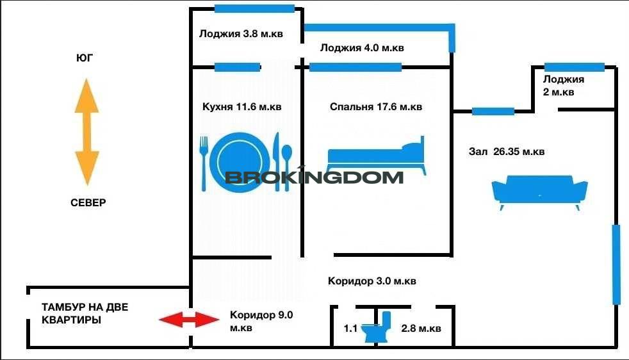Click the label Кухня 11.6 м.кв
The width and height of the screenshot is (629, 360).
pyautogui.click(x=242, y=107)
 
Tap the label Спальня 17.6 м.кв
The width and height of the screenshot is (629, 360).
pyautogui.click(x=376, y=107)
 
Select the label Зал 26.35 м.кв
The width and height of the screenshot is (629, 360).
pyautogui.click(x=507, y=152)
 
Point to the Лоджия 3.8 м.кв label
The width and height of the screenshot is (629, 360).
pyautogui.click(x=241, y=34)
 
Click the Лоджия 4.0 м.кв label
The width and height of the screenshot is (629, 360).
pyautogui.click(x=362, y=48)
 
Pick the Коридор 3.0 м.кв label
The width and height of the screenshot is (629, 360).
pyautogui.click(x=372, y=281)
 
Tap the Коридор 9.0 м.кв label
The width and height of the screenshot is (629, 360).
pyautogui.click(x=261, y=321)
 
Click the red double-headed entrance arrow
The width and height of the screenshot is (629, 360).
pyautogui.click(x=190, y=320)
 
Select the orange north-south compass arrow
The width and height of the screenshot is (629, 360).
pyautogui.click(x=86, y=132)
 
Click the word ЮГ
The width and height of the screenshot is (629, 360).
pyautogui.click(x=85, y=58)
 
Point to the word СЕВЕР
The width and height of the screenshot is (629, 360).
pyautogui.click(x=88, y=202)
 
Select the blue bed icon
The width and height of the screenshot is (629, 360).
pyautogui.click(x=376, y=156)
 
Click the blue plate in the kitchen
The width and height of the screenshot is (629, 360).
pyautogui.click(x=239, y=162)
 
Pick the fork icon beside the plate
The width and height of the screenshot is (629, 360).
pyautogui.click(x=204, y=163)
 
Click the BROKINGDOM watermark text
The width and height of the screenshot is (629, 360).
pyautogui.click(x=314, y=176)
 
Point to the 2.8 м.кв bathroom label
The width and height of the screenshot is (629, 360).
pyautogui.click(x=421, y=329)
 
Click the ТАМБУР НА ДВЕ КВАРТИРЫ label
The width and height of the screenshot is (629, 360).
pyautogui.click(x=85, y=313)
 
